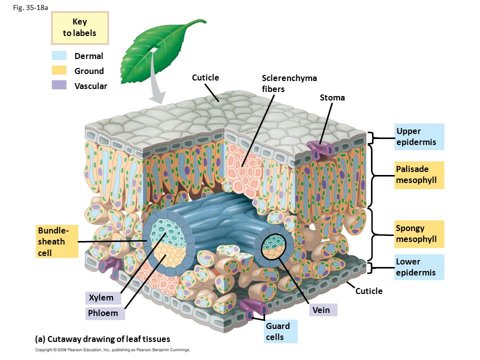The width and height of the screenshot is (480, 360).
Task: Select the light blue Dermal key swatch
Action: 59,56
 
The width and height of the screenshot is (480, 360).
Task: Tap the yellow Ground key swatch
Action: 59,70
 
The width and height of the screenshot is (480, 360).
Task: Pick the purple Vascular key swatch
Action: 59,85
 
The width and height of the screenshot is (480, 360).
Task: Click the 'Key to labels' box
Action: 80,27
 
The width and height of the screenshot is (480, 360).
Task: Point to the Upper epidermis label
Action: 419,136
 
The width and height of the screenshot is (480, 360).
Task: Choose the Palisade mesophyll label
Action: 419,175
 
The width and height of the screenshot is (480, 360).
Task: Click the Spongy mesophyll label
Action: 419,234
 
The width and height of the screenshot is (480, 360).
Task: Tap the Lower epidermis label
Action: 419,267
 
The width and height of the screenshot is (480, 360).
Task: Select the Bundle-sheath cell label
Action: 57,241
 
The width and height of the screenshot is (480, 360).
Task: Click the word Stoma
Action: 332,97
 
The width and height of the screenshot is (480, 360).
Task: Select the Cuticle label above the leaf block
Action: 205,77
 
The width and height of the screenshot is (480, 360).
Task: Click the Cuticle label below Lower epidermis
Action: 369,291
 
